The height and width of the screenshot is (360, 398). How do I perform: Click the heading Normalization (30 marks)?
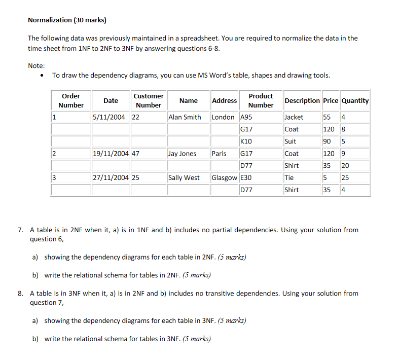click(67, 20)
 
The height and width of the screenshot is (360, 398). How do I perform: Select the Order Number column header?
click(71, 100)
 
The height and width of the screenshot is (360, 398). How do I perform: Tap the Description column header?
click(302, 100)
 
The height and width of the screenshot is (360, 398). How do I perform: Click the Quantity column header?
click(355, 100)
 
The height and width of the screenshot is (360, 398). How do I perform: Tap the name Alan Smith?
click(185, 117)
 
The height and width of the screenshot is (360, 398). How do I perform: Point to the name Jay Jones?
click(183, 154)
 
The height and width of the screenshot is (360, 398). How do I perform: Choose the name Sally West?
click(184, 178)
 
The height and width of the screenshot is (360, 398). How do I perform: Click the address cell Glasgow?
click(224, 178)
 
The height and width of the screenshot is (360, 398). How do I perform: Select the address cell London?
click(223, 117)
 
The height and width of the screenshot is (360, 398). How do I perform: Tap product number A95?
click(246, 117)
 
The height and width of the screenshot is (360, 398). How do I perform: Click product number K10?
click(246, 141)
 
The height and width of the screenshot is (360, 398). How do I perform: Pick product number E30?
click(246, 178)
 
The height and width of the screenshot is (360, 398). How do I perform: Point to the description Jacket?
click(294, 117)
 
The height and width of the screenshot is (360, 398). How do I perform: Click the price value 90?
click(327, 141)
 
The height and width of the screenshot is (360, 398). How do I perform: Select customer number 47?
click(135, 154)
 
